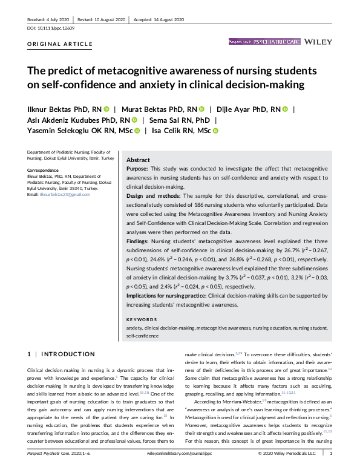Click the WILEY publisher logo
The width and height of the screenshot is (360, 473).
(318, 42)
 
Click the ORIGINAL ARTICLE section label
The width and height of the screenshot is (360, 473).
(61, 44)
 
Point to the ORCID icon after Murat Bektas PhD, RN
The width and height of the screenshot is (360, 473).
(201, 109)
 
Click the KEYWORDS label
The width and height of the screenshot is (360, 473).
(142, 319)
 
